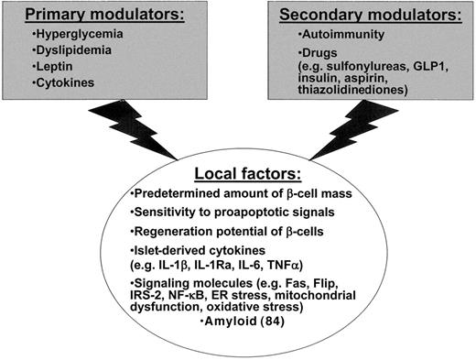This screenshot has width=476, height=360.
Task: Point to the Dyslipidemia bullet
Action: pyautogui.click(x=64, y=55)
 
